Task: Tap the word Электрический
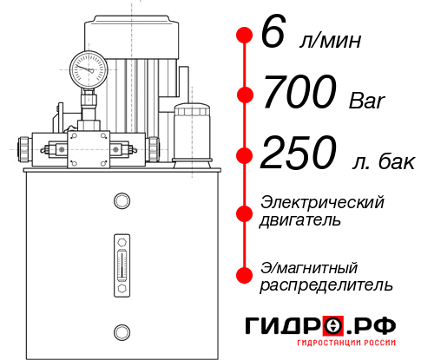coord(322,202)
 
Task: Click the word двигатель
coord(300,220)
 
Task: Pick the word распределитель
coord(326,285)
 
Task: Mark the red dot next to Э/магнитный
coord(245,274)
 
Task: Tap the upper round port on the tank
coord(121,201)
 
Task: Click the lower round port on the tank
coord(121,330)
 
